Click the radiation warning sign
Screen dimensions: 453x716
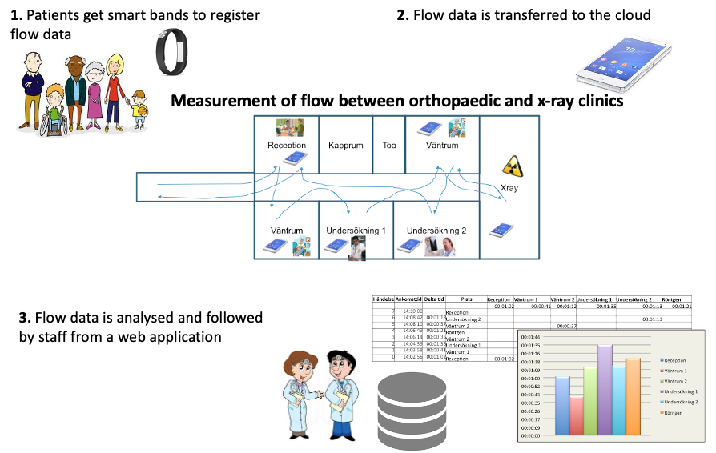point(511,166)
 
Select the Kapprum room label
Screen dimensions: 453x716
point(345,146)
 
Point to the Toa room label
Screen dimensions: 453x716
point(389,146)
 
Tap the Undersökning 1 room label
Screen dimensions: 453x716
point(356,231)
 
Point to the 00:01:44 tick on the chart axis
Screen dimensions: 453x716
point(532,337)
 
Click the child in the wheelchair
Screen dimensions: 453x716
point(54,109)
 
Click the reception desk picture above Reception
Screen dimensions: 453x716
point(286,128)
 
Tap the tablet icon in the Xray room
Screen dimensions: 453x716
point(501,230)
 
